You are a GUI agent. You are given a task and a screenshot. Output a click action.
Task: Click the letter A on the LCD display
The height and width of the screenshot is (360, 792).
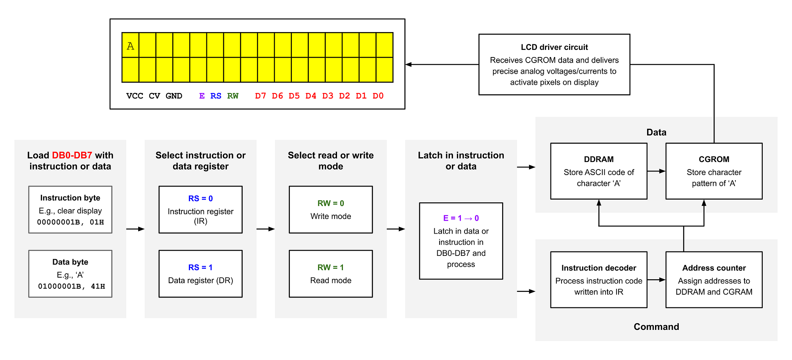[130, 46]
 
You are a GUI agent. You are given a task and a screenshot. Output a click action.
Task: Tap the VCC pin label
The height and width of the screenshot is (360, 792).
[135, 96]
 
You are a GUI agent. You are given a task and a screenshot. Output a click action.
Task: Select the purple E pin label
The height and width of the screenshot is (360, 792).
[202, 96]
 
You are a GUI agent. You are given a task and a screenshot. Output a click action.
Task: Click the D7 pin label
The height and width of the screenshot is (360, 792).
[260, 96]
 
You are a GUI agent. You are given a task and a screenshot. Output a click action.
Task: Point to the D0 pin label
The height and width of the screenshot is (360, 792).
[378, 96]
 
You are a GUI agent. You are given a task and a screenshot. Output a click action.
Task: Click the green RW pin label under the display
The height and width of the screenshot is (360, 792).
[233, 96]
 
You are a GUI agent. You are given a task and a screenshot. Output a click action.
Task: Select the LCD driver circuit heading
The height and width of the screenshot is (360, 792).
[554, 47]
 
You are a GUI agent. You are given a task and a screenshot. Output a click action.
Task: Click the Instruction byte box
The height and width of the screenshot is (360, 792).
[70, 210]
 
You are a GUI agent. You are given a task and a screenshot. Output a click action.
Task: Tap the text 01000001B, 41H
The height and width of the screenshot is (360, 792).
[71, 286]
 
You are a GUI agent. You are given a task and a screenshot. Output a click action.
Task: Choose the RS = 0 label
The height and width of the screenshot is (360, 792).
[200, 198]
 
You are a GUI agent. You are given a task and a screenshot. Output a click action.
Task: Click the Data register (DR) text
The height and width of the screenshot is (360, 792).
[200, 280]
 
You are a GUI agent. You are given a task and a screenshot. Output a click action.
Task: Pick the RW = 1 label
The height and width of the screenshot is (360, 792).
[331, 267]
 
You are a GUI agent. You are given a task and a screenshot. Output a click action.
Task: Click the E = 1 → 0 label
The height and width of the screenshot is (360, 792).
[461, 218]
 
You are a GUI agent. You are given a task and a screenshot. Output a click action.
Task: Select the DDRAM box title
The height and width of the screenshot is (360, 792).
[598, 159]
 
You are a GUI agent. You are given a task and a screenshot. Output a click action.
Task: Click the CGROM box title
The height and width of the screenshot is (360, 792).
[714, 159]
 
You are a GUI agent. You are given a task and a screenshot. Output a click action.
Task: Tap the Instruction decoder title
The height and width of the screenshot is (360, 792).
[598, 268]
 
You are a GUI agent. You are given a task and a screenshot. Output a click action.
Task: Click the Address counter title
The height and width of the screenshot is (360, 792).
[714, 268]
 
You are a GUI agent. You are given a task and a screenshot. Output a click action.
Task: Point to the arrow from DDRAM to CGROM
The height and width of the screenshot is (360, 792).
[657, 171]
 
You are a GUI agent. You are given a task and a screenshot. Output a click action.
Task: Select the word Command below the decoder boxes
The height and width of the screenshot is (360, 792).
[656, 327]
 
